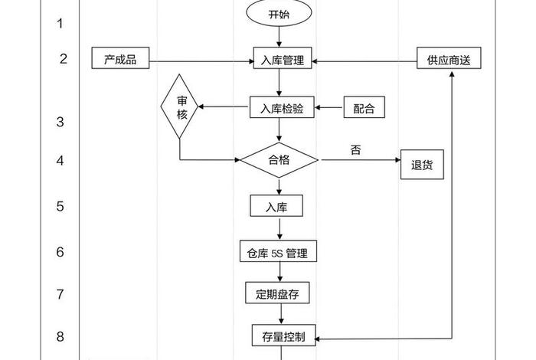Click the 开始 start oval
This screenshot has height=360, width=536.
[279, 14]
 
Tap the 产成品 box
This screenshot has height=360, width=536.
[120, 60]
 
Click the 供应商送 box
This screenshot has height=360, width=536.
[449, 60]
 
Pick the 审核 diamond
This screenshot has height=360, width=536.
[181, 106]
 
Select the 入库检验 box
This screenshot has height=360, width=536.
[282, 109]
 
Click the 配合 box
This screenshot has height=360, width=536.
[364, 109]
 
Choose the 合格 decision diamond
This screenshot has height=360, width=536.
[279, 160]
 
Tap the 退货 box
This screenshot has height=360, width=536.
[422, 165]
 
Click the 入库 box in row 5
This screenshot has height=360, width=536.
[276, 206]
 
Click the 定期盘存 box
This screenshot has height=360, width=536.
[277, 293]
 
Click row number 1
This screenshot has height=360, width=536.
[60, 23]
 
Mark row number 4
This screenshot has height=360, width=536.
[60, 161]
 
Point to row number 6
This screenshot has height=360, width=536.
[60, 251]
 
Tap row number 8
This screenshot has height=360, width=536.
[60, 335]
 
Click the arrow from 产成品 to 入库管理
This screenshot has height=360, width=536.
[201, 60]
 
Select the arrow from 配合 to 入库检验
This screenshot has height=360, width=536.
[331, 109]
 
